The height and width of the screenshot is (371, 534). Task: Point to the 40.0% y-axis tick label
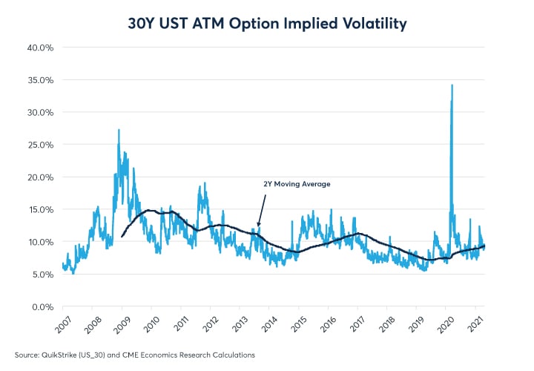[x=40, y=47]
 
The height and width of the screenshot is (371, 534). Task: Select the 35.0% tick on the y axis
[x=40, y=80]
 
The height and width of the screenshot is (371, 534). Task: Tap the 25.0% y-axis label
[x=40, y=145]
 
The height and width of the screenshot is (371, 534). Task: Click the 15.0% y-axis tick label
[x=40, y=210]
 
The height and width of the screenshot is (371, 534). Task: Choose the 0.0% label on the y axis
[x=42, y=306]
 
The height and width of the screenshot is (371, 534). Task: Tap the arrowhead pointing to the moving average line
[x=258, y=225]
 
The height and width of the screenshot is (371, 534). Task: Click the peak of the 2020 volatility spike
[x=452, y=85]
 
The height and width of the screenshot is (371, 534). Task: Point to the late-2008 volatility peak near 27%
[x=119, y=130]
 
